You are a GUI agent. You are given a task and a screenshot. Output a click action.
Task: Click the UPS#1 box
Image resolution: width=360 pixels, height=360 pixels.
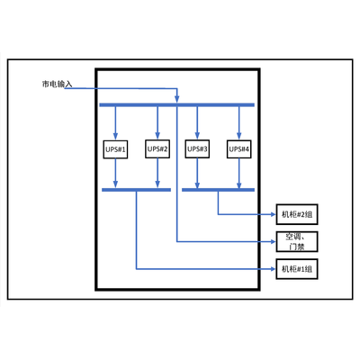115,149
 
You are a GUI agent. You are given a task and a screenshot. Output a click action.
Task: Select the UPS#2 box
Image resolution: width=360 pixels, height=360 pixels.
157,148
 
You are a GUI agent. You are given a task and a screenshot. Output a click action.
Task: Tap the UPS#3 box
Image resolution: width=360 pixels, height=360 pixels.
197,148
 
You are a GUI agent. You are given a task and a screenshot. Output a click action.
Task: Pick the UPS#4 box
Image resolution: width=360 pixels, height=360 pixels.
239,149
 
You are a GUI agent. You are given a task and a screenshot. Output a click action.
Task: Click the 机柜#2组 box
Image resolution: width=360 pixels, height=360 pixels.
297,214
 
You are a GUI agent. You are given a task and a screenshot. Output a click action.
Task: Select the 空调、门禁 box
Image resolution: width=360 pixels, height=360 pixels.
297,241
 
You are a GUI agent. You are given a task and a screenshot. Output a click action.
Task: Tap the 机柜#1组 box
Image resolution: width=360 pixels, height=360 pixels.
297,269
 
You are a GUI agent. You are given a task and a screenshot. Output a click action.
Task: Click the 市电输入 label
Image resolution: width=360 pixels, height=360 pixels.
57,84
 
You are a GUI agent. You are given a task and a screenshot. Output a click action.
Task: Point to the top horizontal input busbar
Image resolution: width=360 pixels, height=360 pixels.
177,105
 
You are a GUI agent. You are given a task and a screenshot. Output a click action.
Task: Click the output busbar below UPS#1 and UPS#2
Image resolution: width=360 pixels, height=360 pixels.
137,190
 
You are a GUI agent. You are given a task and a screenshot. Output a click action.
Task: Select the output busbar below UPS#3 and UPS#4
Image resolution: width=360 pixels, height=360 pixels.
219,190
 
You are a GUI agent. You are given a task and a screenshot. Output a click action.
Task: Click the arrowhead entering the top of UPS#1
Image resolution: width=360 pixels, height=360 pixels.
115,137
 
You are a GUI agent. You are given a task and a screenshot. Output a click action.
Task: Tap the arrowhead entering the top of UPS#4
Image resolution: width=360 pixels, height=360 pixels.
239,136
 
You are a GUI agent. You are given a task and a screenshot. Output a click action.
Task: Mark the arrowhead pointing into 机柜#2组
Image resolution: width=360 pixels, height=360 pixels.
273,214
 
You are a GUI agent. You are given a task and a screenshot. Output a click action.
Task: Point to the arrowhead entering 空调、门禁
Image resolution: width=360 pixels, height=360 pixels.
273,241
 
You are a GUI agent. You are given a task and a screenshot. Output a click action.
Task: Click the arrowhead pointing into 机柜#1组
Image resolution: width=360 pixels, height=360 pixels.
273,269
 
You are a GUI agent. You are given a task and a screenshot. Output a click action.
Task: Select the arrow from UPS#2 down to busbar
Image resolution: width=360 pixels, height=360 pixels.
157,173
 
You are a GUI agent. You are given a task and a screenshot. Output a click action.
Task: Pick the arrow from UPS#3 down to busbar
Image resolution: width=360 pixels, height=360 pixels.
197,173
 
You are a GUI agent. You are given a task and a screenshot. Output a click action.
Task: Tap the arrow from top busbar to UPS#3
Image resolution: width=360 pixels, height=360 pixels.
197,123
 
